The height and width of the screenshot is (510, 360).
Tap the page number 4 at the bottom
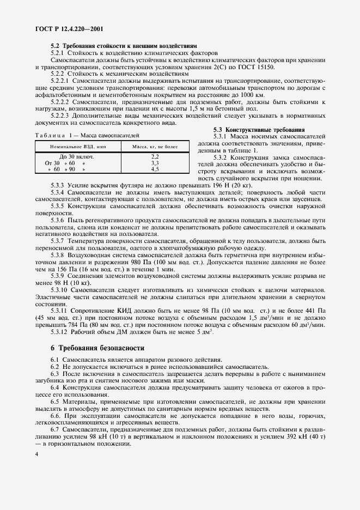[36, 454]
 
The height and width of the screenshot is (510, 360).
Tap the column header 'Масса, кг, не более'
[155, 146]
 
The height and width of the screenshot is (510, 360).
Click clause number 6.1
[54, 360]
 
